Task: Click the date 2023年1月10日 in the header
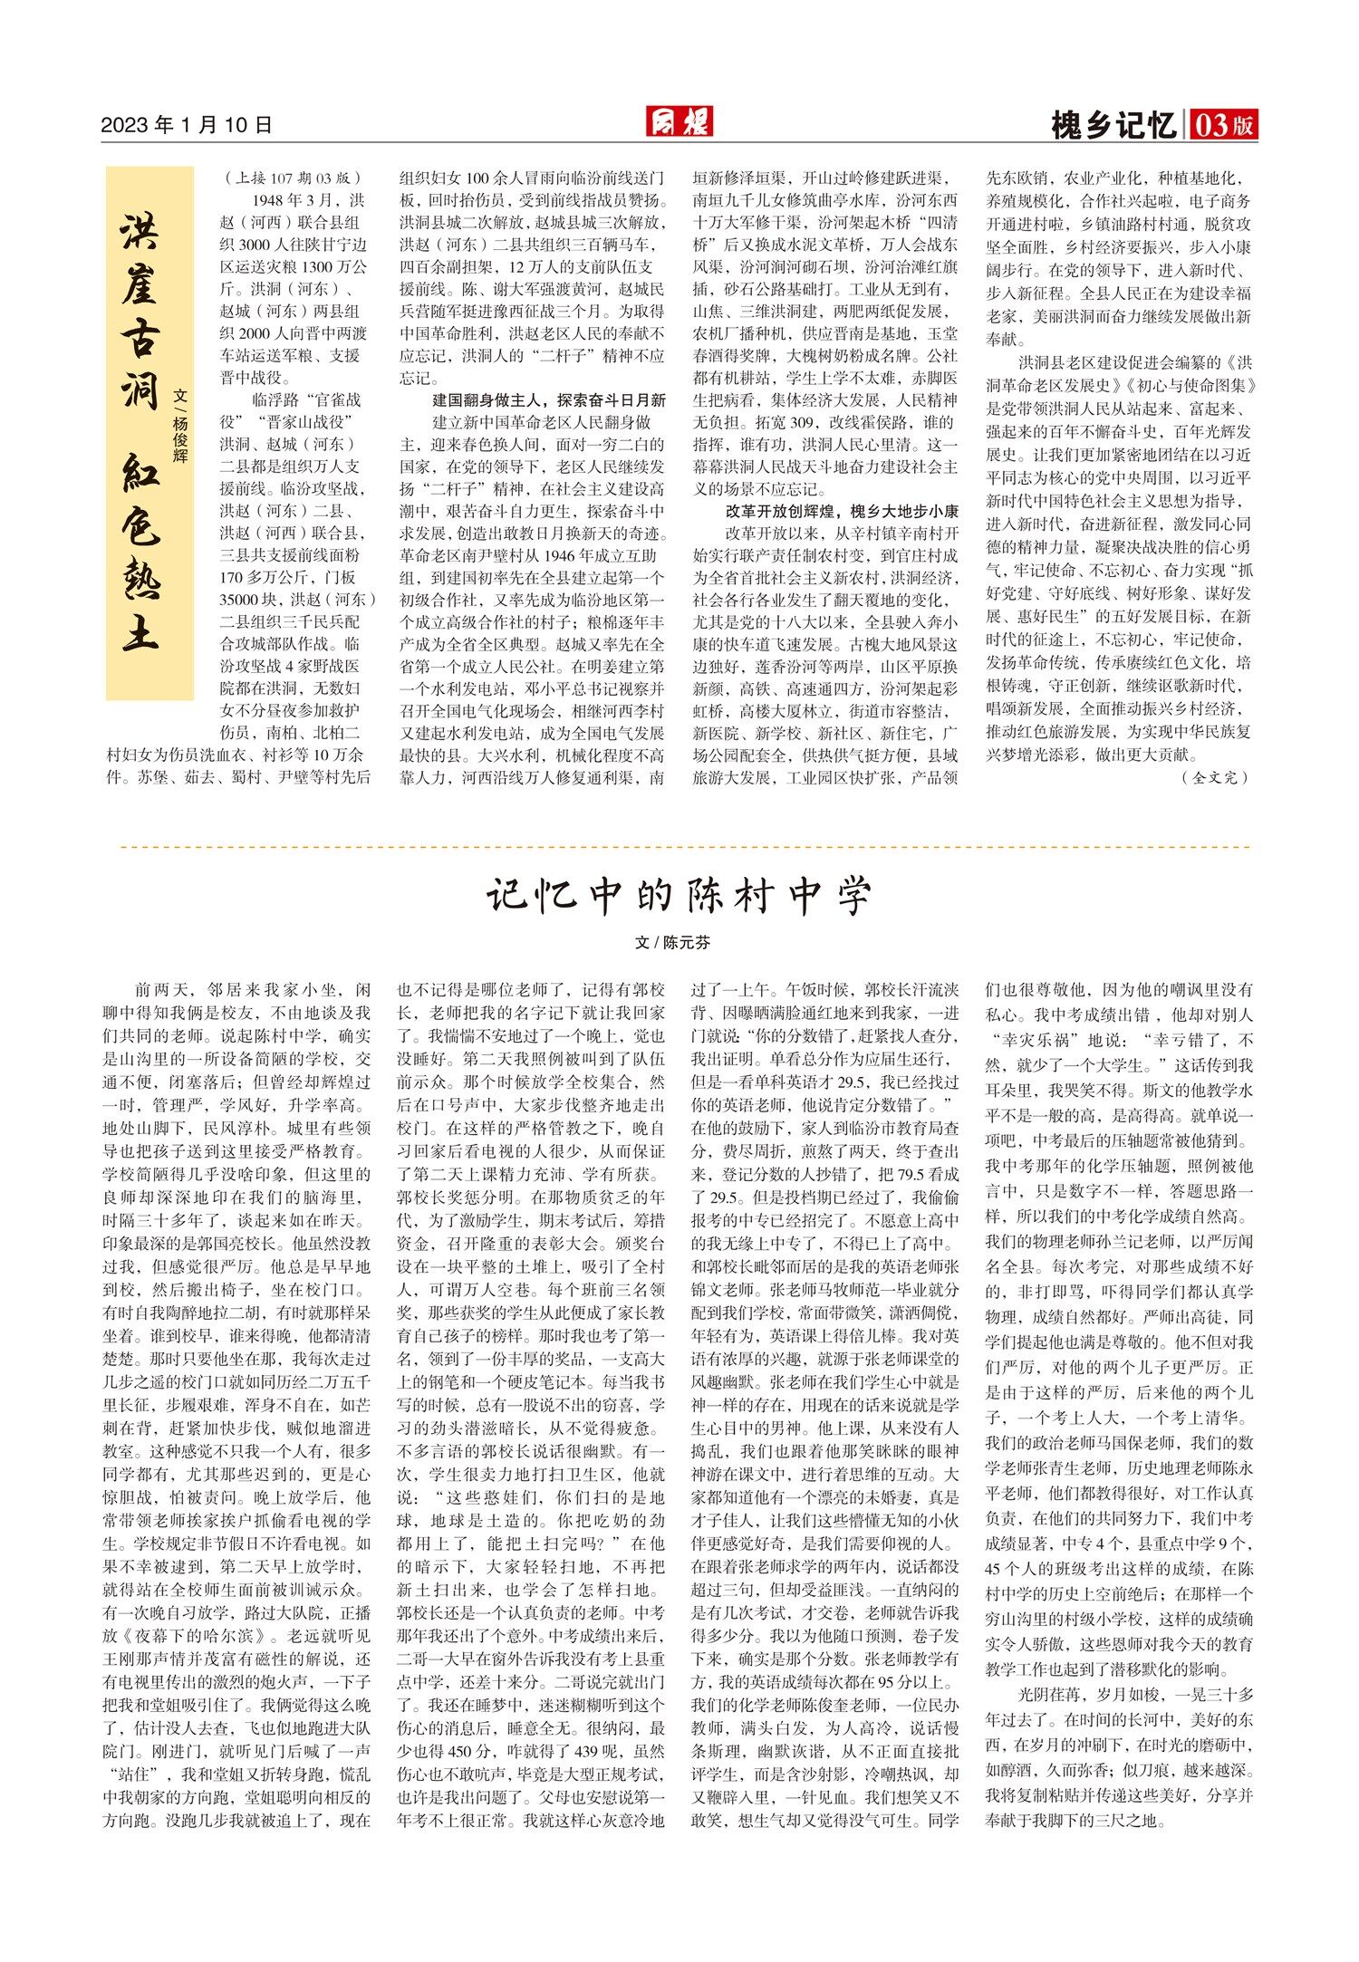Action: pos(187,125)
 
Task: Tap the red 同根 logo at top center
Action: pos(679,121)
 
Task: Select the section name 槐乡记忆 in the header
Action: pos(1113,125)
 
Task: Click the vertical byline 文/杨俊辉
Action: pos(181,426)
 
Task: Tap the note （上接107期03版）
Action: pos(294,178)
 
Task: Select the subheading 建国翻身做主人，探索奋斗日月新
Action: pos(549,399)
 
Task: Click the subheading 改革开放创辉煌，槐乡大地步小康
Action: pos(842,511)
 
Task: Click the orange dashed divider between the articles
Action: pos(679,847)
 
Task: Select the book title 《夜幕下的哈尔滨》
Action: pos(176,1636)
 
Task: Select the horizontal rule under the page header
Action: pos(679,142)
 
